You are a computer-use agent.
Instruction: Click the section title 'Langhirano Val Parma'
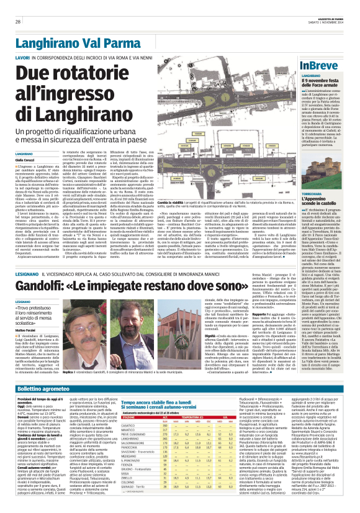point(73,43)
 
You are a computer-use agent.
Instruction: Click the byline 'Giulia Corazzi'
point(25,160)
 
